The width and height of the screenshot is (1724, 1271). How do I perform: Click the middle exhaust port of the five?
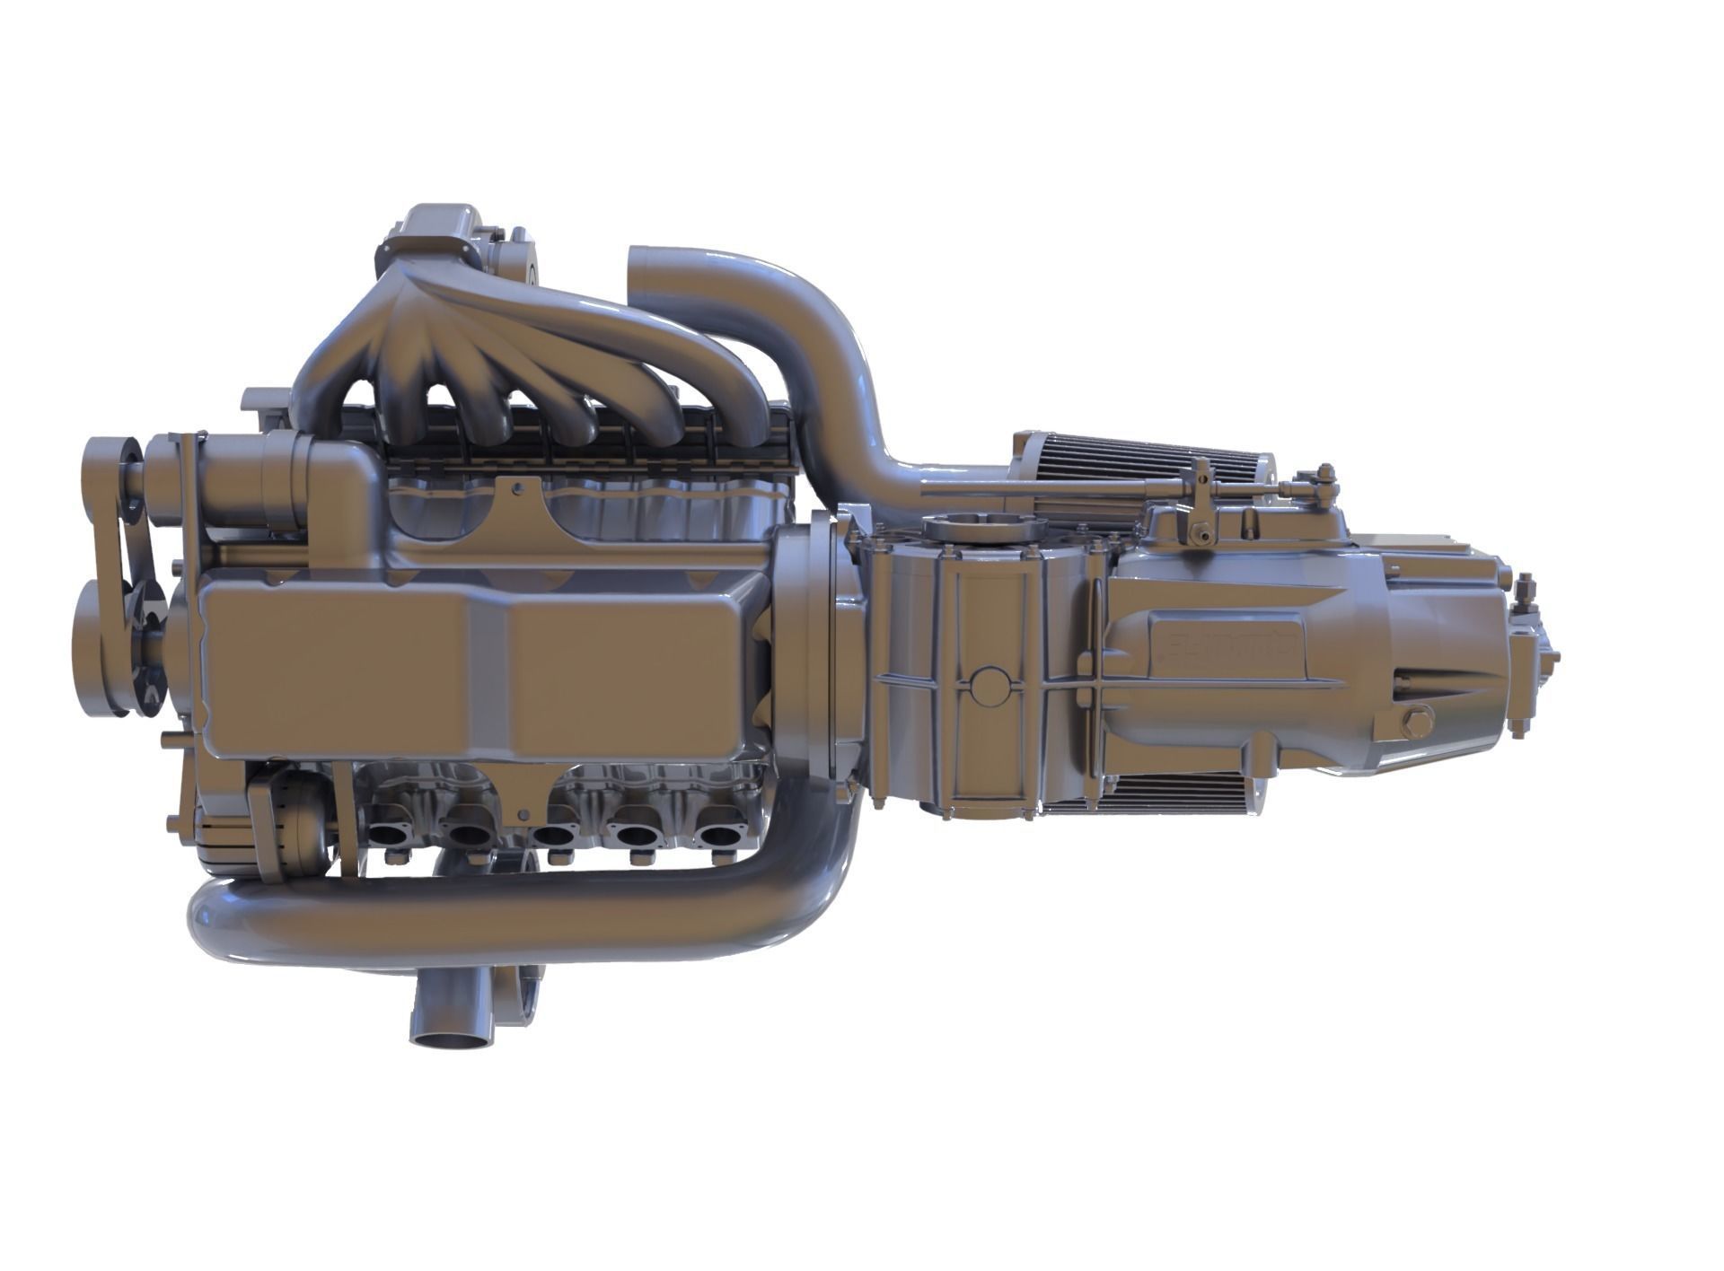[x=554, y=835]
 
